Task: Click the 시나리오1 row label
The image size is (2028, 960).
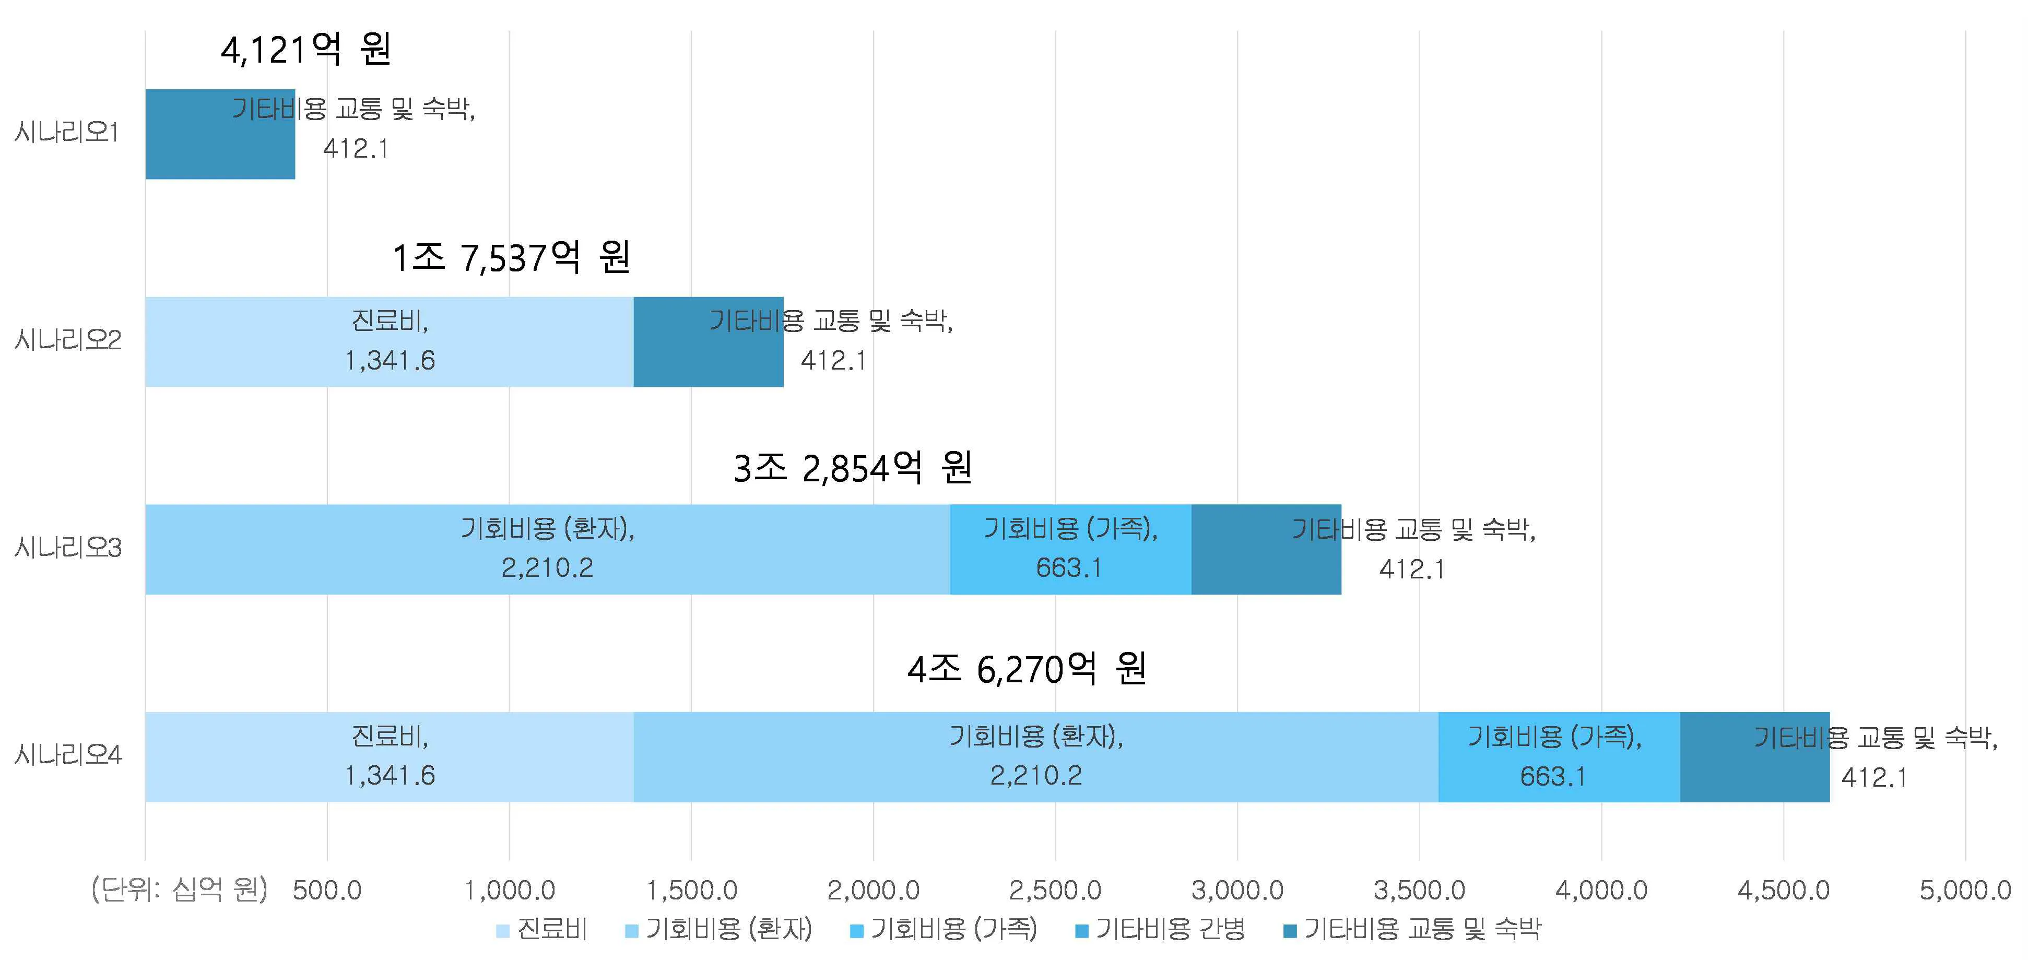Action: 67,132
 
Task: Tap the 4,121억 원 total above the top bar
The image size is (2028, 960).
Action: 305,50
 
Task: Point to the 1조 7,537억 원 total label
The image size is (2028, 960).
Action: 511,257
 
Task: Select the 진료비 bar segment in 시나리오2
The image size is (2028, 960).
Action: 389,341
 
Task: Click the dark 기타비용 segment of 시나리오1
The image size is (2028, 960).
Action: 189,134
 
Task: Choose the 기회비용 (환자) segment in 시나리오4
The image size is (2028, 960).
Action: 1035,757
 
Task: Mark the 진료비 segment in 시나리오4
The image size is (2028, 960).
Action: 389,757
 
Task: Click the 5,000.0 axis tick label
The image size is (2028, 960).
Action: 1965,891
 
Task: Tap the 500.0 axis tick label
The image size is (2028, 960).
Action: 327,891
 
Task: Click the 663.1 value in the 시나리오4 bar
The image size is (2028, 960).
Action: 1552,777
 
